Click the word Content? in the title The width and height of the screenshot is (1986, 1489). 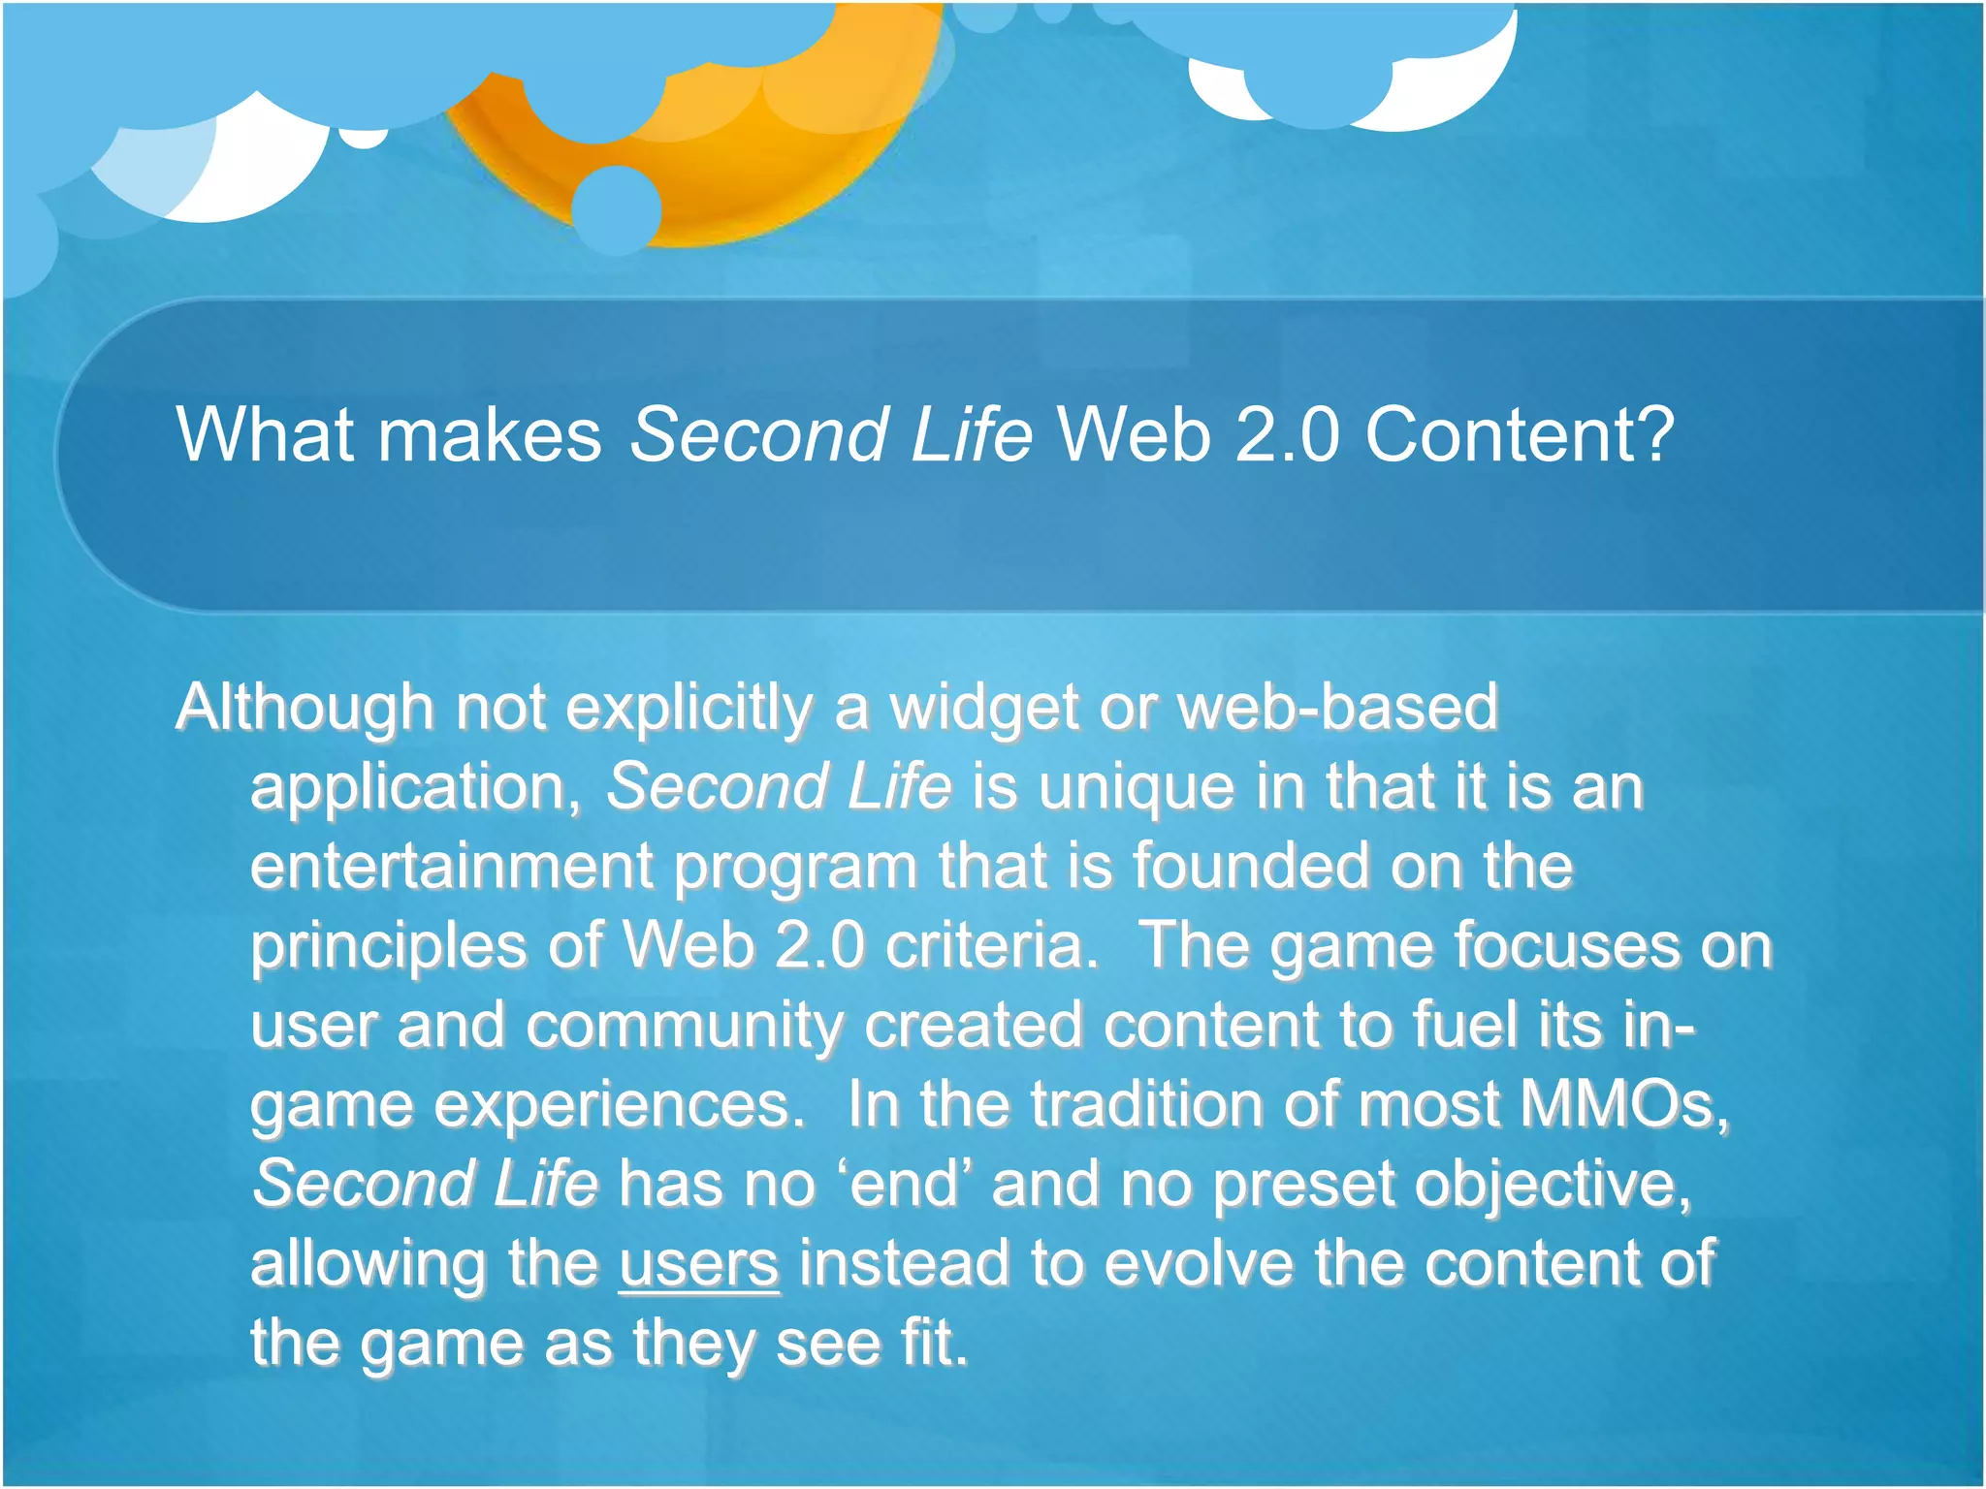click(x=1520, y=435)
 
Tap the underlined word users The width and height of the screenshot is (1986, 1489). click(x=699, y=1264)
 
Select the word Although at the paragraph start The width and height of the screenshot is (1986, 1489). click(x=304, y=708)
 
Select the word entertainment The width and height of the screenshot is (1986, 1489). click(x=451, y=867)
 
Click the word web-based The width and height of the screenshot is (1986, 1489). click(x=1337, y=708)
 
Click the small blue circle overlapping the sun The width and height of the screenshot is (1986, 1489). click(x=617, y=209)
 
